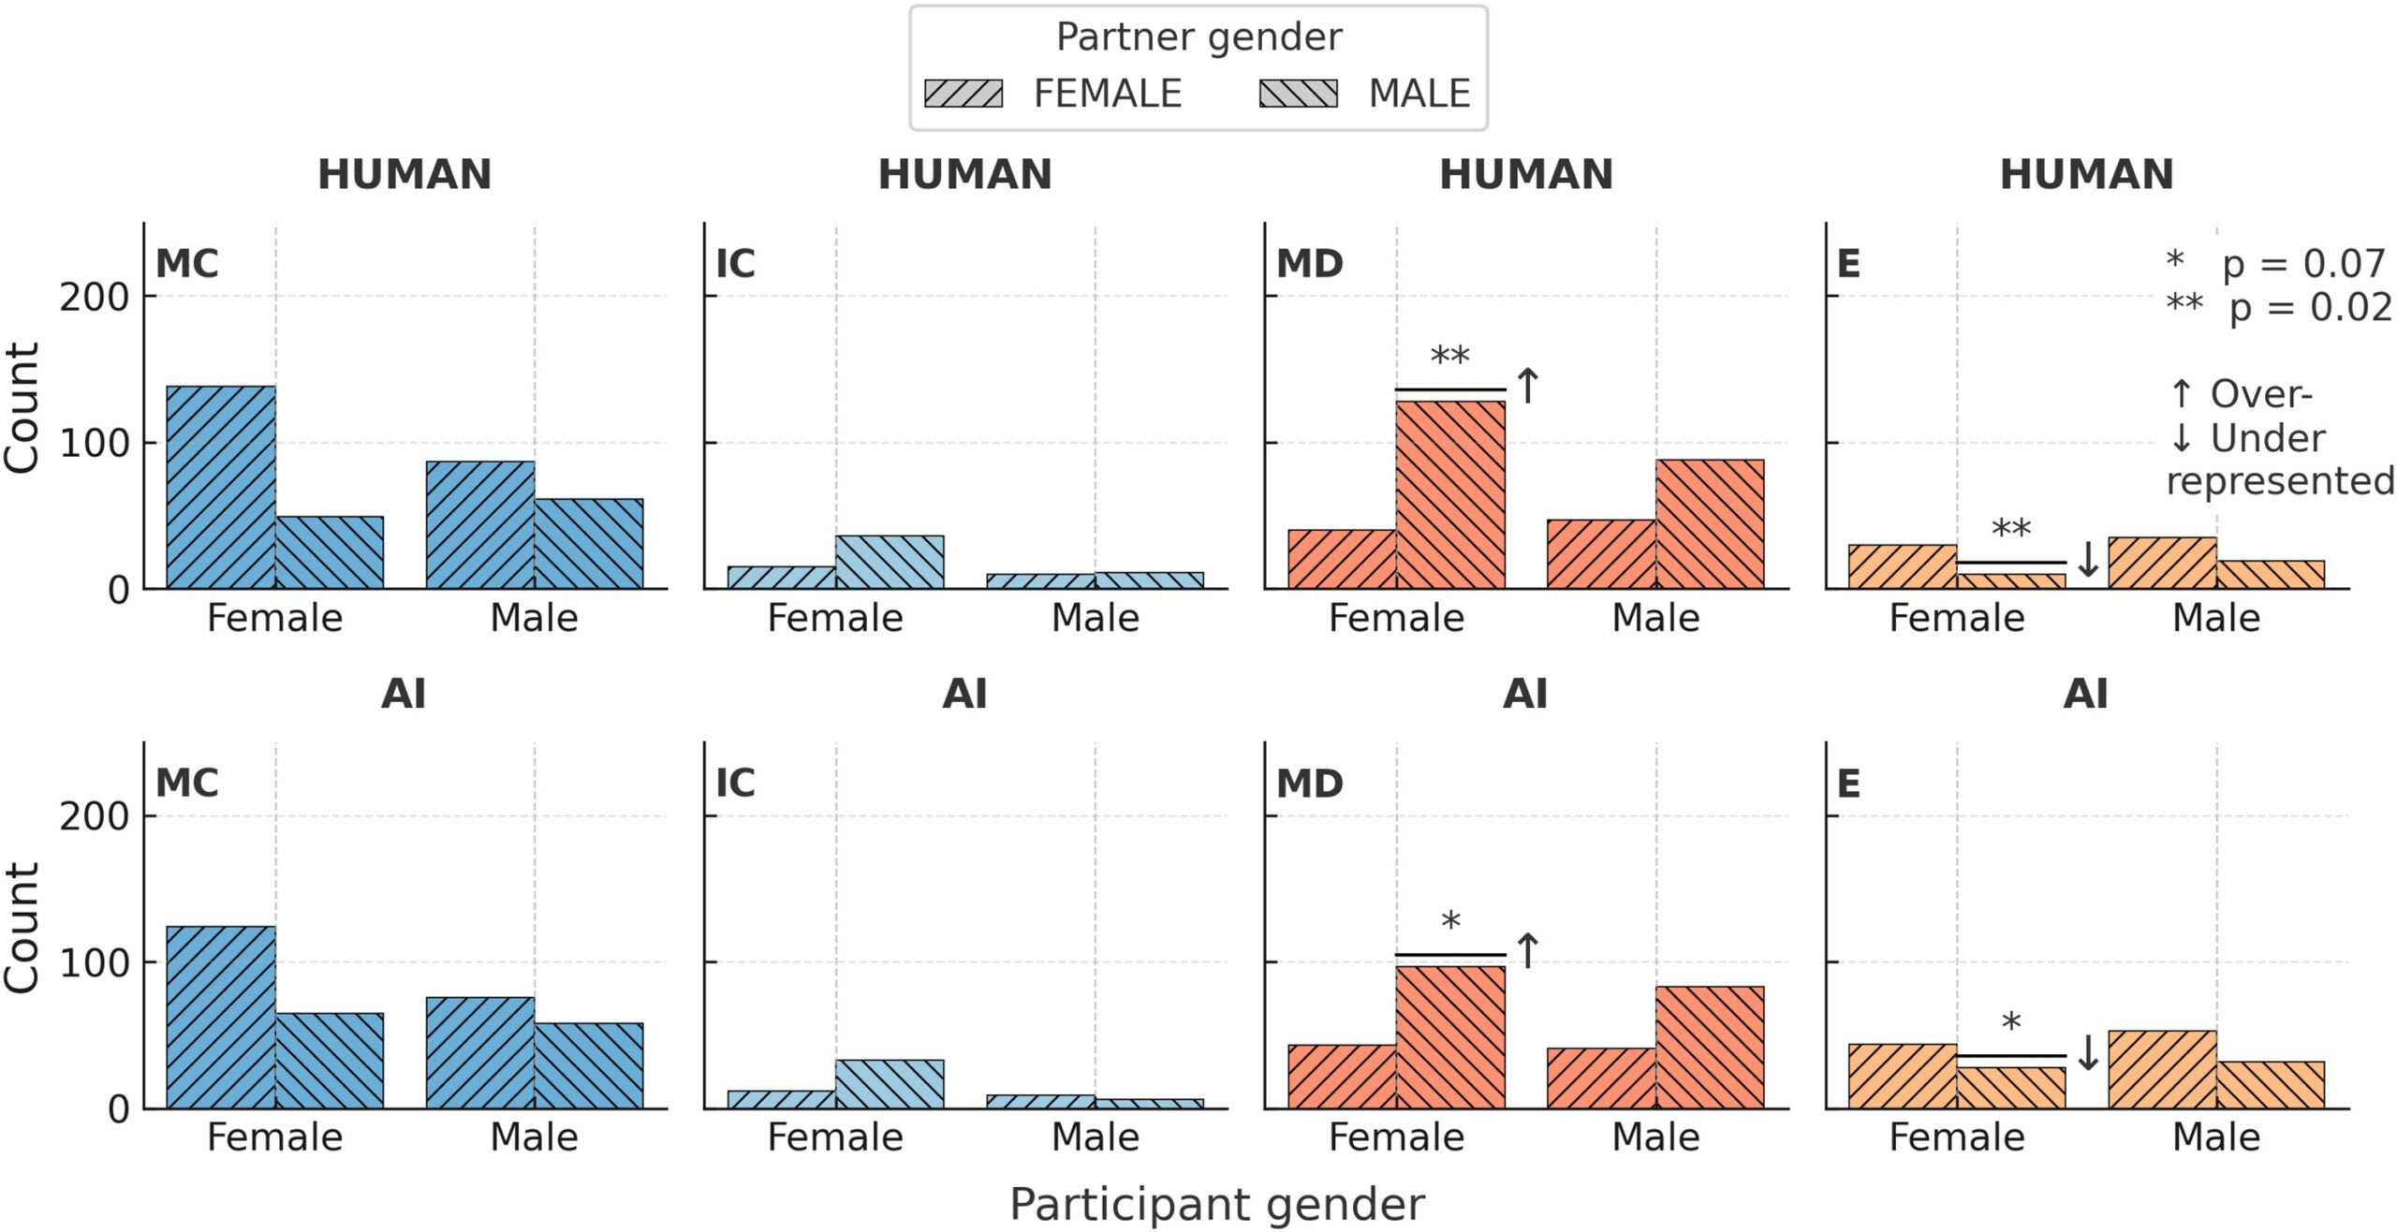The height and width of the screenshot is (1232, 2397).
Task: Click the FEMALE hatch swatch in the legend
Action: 963,94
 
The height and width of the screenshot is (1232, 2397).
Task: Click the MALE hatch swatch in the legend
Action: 1298,94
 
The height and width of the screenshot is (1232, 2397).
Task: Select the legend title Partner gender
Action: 1198,37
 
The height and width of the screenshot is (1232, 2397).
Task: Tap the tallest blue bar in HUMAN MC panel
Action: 221,487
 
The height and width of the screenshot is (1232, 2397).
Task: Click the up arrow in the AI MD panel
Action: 1527,951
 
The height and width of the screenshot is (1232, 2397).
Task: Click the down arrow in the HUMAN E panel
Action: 2087,560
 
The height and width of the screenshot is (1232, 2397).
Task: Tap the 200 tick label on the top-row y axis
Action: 94,298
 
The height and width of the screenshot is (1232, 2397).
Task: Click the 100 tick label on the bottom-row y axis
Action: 94,963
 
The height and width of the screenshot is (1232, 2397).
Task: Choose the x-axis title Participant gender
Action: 1216,1204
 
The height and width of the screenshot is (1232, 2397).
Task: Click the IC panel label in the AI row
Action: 735,783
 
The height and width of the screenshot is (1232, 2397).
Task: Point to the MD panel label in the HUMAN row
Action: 1309,264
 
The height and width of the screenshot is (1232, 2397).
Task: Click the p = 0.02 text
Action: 2309,307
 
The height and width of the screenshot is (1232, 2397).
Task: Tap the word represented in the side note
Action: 2279,481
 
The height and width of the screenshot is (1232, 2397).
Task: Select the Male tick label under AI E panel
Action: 2215,1137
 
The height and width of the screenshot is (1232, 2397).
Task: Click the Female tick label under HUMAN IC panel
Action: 835,619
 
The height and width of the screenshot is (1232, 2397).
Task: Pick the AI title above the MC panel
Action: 404,695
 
